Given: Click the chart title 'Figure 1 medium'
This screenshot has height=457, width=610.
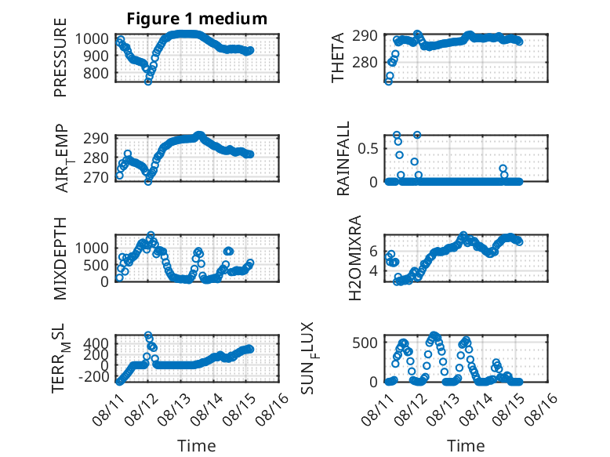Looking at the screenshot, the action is pos(197,19).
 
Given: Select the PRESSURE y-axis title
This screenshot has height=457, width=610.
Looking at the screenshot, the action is pos(60,57).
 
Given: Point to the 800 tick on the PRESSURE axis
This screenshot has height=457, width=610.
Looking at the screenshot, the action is pos(96,73).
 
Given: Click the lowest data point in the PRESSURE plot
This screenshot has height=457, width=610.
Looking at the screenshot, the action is pos(148,82).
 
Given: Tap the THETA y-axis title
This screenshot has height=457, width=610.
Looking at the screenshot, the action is pos(338,57).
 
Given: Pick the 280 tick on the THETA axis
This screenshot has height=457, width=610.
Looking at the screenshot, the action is pos(365,62).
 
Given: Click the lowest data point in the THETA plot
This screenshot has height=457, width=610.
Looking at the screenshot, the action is pos(388,82).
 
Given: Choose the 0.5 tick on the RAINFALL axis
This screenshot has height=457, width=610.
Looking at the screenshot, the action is pos(368,149).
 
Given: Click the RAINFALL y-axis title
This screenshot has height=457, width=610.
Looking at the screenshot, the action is pos(343,158).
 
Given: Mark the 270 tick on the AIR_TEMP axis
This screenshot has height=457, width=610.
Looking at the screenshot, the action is pos(96,177).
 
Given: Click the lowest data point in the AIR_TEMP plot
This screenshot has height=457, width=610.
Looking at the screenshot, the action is pos(148,181).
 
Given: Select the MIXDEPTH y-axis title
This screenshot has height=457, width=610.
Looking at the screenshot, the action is pos(60,259).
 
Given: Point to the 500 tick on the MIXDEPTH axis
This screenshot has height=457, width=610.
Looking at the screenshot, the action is pos(99,265).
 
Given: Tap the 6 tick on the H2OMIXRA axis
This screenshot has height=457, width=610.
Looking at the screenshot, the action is pos(373,252).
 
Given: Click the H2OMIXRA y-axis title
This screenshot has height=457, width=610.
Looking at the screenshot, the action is pos(355,258).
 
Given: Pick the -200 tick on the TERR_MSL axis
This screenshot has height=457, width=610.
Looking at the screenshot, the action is pos(93,376).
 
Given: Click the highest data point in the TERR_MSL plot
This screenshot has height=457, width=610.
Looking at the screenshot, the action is pos(148,335).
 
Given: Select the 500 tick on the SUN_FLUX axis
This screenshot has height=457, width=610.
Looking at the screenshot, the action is pos(365,343).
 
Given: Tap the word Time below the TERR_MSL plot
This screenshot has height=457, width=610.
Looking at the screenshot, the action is pos(197,446).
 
